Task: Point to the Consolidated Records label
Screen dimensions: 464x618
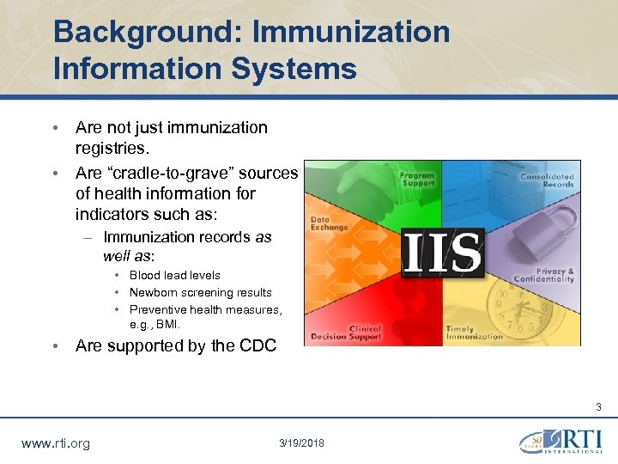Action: (547, 180)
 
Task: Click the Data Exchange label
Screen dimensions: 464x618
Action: (330, 223)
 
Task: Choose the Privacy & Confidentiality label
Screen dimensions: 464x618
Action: (543, 275)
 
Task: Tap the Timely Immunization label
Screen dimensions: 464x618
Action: (474, 333)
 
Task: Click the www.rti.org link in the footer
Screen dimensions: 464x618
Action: (55, 443)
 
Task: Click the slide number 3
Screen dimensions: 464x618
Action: (598, 407)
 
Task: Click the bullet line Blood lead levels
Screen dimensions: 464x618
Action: (174, 275)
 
